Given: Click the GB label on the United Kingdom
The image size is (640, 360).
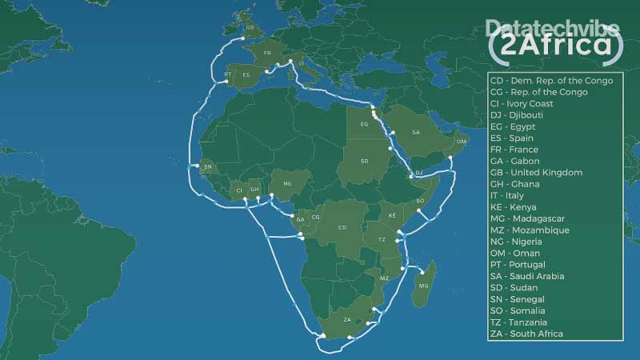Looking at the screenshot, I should pyautogui.click(x=250, y=27).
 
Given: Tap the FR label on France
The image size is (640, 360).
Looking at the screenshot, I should pyautogui.click(x=267, y=54).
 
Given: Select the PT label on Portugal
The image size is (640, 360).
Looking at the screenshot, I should pyautogui.click(x=228, y=74).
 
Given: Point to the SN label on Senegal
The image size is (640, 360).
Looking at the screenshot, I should pyautogui.click(x=208, y=167).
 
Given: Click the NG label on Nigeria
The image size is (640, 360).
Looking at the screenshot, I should pyautogui.click(x=287, y=183).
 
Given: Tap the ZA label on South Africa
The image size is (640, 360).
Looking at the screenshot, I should pyautogui.click(x=347, y=319).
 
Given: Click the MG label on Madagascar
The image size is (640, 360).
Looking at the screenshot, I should pyautogui.click(x=424, y=286).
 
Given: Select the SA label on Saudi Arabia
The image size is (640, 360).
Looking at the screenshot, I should pyautogui.click(x=416, y=132).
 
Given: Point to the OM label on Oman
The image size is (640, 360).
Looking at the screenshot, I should pyautogui.click(x=461, y=142).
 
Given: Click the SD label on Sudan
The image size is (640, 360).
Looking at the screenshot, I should pyautogui.click(x=364, y=161).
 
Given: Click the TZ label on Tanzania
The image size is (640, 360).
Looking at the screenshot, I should pyautogui.click(x=382, y=240).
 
